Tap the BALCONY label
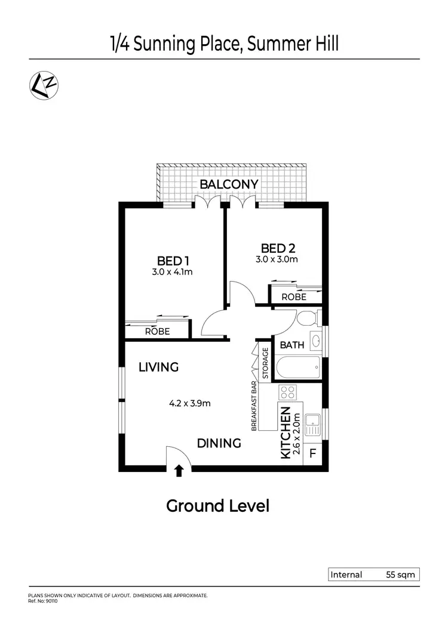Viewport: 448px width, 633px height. (229, 184)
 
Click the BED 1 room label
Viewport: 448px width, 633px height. (173, 261)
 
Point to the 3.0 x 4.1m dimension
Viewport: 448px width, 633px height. (173, 272)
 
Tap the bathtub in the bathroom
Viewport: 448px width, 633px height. (297, 366)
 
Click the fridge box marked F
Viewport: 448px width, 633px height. (312, 455)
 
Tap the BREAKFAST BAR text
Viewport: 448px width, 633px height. (254, 406)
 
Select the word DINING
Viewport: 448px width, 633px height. (219, 443)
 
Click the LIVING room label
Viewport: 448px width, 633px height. (158, 367)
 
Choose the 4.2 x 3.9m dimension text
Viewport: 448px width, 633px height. (190, 403)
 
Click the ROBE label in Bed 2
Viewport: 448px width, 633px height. (294, 297)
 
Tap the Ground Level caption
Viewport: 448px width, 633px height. (217, 507)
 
